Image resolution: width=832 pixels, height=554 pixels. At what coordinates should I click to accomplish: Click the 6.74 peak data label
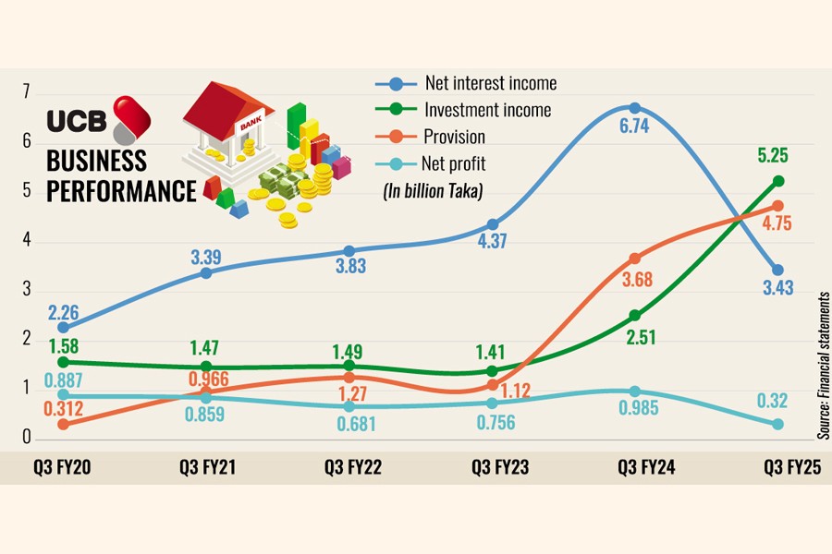click(x=634, y=127)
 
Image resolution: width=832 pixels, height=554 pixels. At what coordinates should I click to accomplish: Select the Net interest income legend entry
click(x=490, y=84)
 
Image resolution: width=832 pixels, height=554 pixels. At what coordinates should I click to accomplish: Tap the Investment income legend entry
click(x=487, y=110)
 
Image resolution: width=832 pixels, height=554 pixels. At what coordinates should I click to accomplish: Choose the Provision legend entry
click(x=455, y=138)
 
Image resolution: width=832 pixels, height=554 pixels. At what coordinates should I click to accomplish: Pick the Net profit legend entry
click(x=455, y=164)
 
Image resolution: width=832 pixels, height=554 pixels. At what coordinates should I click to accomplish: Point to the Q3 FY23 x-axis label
click(x=500, y=468)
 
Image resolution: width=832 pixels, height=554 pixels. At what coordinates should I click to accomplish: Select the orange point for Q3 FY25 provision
click(x=777, y=206)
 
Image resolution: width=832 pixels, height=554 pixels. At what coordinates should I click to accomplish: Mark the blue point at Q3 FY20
click(x=63, y=327)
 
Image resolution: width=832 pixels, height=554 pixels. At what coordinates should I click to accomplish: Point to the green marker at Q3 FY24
click(x=634, y=316)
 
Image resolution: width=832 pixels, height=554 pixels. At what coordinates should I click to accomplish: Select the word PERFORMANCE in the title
click(x=122, y=191)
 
